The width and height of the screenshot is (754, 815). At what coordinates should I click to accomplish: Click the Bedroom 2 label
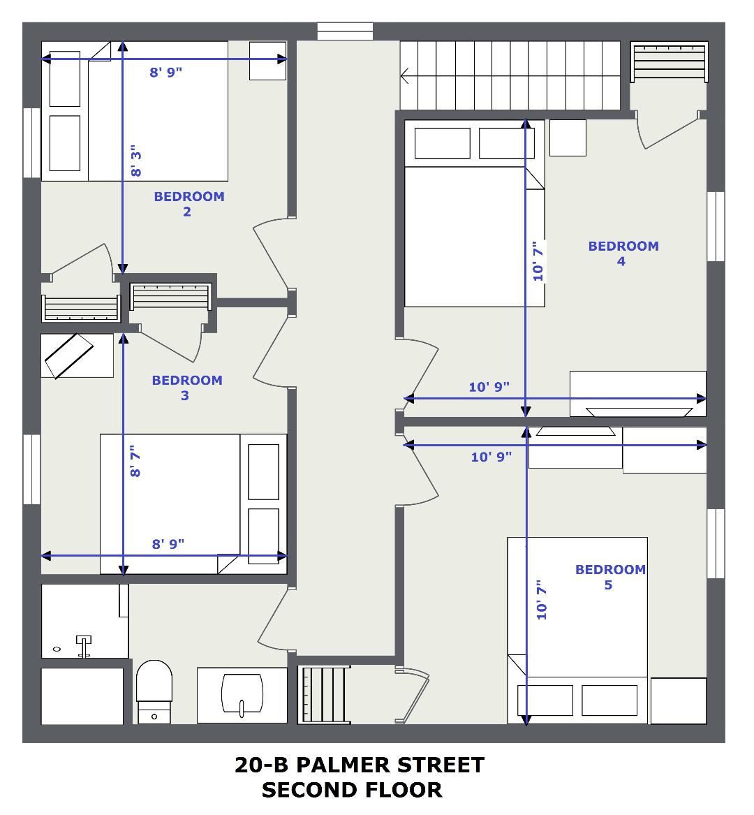189,204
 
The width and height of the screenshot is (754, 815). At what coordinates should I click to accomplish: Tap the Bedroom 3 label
187,388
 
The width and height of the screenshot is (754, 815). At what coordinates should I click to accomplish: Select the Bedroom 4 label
623,254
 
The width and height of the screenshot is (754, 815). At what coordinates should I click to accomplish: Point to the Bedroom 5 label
610,577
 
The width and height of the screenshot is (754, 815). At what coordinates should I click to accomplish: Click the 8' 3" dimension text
135,161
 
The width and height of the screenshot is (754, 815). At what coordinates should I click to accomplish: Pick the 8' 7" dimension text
135,461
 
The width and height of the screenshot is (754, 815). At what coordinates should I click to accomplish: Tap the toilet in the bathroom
154,692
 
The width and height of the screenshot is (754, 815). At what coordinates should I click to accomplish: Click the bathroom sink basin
242,695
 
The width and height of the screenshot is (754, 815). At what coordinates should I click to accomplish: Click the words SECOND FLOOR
352,790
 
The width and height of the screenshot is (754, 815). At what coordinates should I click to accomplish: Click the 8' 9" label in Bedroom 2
165,72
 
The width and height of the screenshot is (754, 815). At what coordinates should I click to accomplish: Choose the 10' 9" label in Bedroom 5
491,457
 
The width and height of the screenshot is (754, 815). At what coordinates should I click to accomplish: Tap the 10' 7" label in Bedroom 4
538,261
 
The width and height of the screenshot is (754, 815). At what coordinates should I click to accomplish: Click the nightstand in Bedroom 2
267,61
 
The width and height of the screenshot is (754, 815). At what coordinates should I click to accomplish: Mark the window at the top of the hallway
345,31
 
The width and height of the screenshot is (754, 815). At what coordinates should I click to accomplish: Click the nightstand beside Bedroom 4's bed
568,138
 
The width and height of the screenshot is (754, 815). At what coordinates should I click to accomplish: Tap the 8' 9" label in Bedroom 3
168,543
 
